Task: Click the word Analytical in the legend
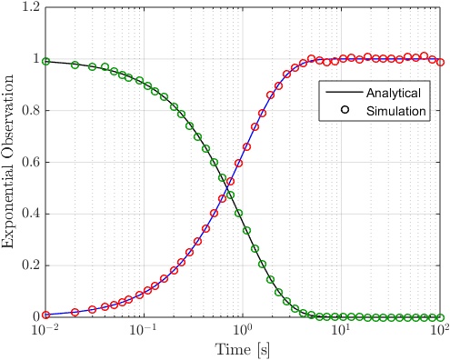tap(393, 93)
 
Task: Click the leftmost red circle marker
tap(45, 315)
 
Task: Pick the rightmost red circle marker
tap(440, 63)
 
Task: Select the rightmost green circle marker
tap(440, 317)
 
